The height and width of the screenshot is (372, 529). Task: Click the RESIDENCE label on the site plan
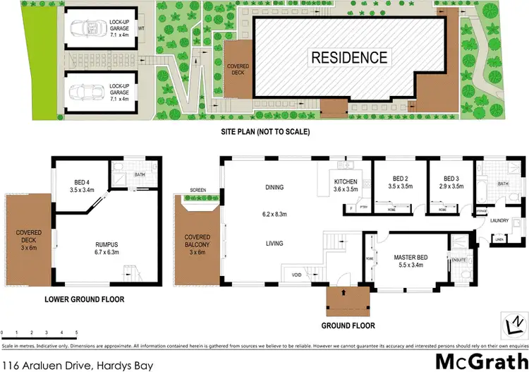350,57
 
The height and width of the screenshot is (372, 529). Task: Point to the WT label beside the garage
141,28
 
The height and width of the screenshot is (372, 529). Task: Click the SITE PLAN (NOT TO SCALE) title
265,131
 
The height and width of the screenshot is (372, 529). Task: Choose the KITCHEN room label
346,182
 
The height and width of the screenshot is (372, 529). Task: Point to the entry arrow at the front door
343,291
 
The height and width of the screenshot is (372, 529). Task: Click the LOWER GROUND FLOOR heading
83,299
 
